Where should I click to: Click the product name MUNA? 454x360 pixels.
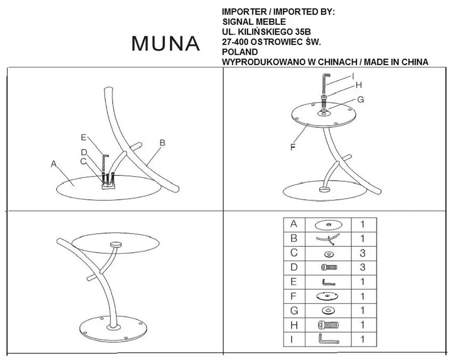point(166,44)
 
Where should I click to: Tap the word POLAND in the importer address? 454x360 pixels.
point(240,52)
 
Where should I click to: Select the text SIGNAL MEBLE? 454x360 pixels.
point(254,22)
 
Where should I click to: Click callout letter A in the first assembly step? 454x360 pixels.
point(53,164)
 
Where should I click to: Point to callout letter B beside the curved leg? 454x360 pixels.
point(162,143)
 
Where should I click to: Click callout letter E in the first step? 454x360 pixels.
point(84,138)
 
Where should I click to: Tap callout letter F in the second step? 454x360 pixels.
point(293,147)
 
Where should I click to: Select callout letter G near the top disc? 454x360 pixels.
point(361,100)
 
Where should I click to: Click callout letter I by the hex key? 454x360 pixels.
point(353,76)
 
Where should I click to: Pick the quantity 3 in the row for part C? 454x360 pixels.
point(362,253)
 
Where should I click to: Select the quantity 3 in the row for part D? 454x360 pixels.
point(362,267)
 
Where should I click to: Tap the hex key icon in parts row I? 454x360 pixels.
point(328,339)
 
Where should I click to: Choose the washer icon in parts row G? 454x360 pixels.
point(328,311)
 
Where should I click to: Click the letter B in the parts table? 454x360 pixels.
point(294,239)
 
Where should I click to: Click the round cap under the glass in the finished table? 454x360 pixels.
point(116,245)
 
